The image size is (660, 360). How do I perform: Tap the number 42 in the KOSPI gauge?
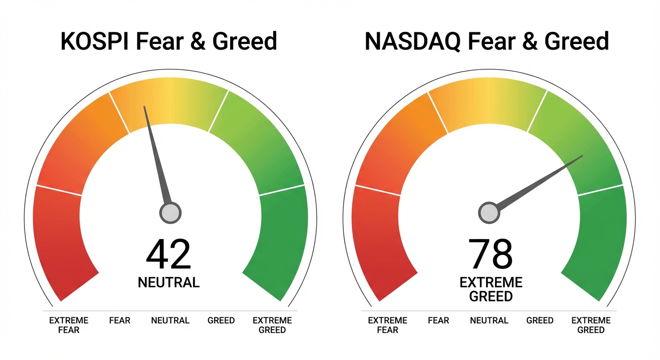[169, 255]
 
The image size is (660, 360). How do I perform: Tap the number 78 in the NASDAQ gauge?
[490, 255]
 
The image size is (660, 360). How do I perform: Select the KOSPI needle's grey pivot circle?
[170, 213]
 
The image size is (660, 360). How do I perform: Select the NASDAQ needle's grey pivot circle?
[489, 213]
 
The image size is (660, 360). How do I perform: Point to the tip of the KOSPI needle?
[144, 107]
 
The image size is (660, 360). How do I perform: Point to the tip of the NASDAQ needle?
[582, 156]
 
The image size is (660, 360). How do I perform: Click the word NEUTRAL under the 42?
[169, 282]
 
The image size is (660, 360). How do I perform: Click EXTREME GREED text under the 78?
[491, 289]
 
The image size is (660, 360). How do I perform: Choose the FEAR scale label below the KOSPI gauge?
[120, 321]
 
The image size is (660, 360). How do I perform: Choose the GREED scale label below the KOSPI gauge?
[221, 321]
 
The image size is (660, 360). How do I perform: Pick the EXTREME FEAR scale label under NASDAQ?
[388, 325]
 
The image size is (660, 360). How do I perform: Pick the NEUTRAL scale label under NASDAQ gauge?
[489, 321]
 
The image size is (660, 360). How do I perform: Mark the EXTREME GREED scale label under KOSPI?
[272, 325]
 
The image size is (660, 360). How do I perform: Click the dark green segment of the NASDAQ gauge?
[600, 244]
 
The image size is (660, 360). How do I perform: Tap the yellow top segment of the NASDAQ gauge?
[487, 103]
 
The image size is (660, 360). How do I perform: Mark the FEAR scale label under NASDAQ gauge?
[438, 321]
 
